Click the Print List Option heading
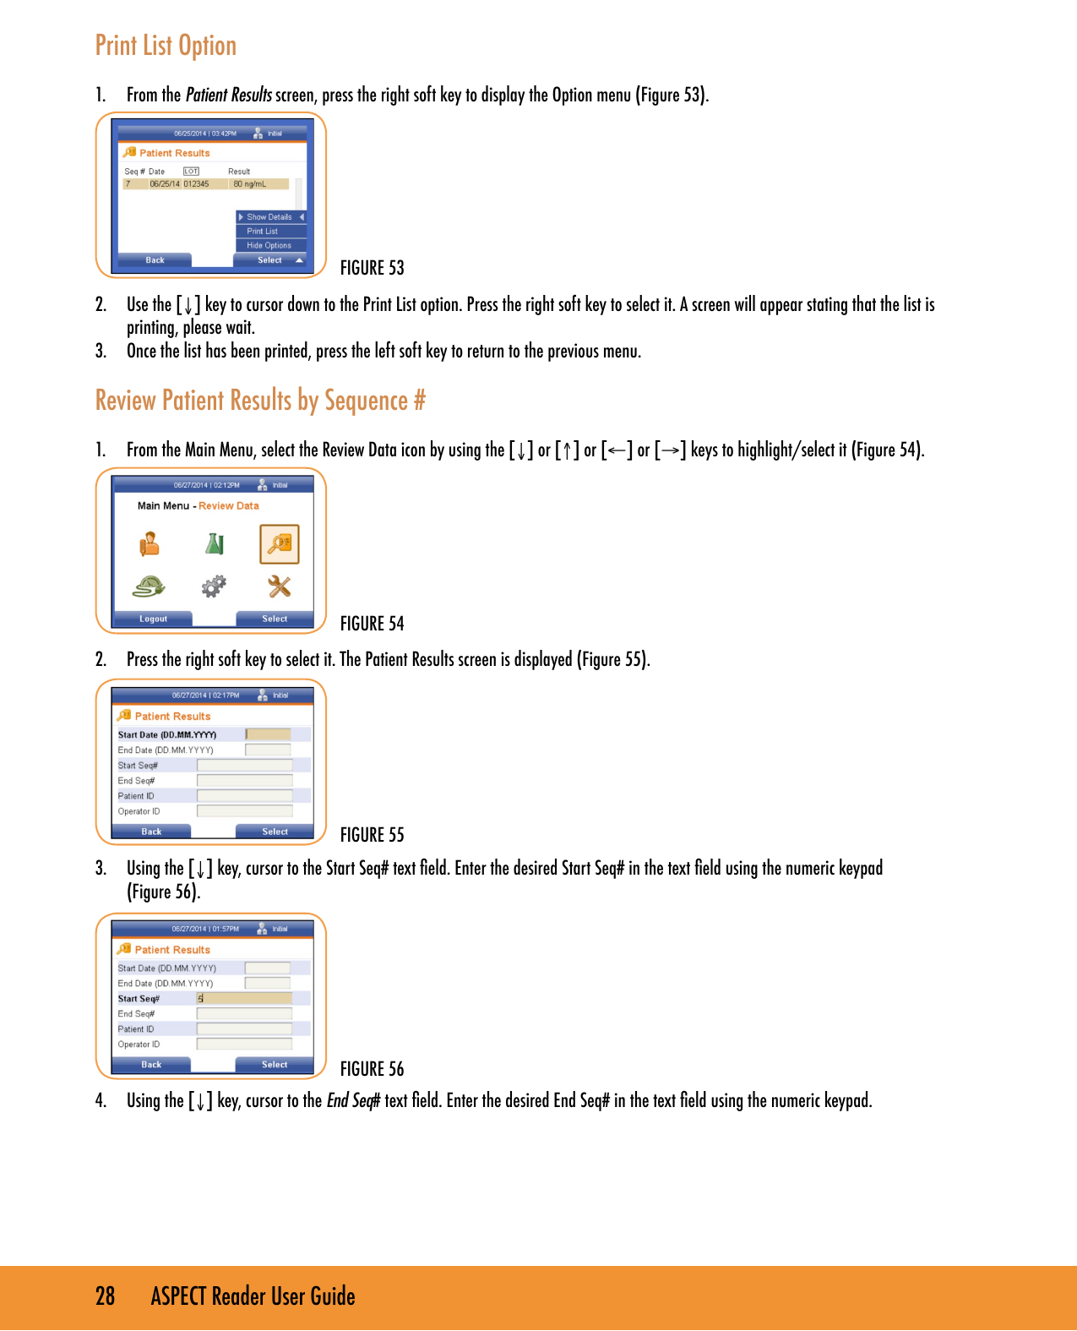click(x=166, y=46)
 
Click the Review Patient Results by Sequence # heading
click(x=260, y=401)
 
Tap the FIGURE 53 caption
click(x=372, y=268)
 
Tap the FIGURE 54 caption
click(x=372, y=624)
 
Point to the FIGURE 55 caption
click(x=372, y=835)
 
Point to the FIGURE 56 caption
click(x=372, y=1069)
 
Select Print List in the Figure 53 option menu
click(x=263, y=232)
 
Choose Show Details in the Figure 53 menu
click(x=269, y=217)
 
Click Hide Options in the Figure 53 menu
click(x=269, y=246)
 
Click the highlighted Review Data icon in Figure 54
click(x=280, y=544)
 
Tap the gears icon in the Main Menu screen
click(x=215, y=586)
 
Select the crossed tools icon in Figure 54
click(x=280, y=586)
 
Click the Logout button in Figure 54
click(x=154, y=619)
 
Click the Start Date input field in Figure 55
click(x=268, y=734)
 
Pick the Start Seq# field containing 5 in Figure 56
click(x=244, y=999)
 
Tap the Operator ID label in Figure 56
click(x=139, y=1045)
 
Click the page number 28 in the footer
click(x=105, y=1296)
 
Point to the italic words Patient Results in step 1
click(x=228, y=95)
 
